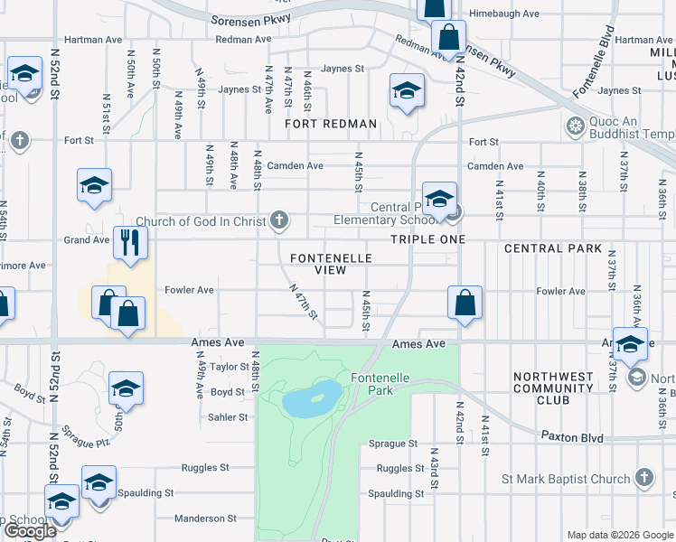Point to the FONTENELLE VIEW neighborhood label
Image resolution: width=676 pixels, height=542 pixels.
tap(331, 264)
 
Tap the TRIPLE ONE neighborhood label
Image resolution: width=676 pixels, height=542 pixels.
tap(427, 239)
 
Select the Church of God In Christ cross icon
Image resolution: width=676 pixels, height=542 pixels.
tap(280, 220)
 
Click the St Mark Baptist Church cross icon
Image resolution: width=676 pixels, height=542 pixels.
tap(643, 476)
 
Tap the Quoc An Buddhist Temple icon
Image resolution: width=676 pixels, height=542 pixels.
tap(573, 126)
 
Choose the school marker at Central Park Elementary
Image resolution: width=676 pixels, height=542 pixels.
tap(439, 199)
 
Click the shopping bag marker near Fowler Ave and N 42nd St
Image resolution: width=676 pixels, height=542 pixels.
tap(465, 303)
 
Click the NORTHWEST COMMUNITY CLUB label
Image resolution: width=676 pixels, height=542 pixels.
tap(553, 388)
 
